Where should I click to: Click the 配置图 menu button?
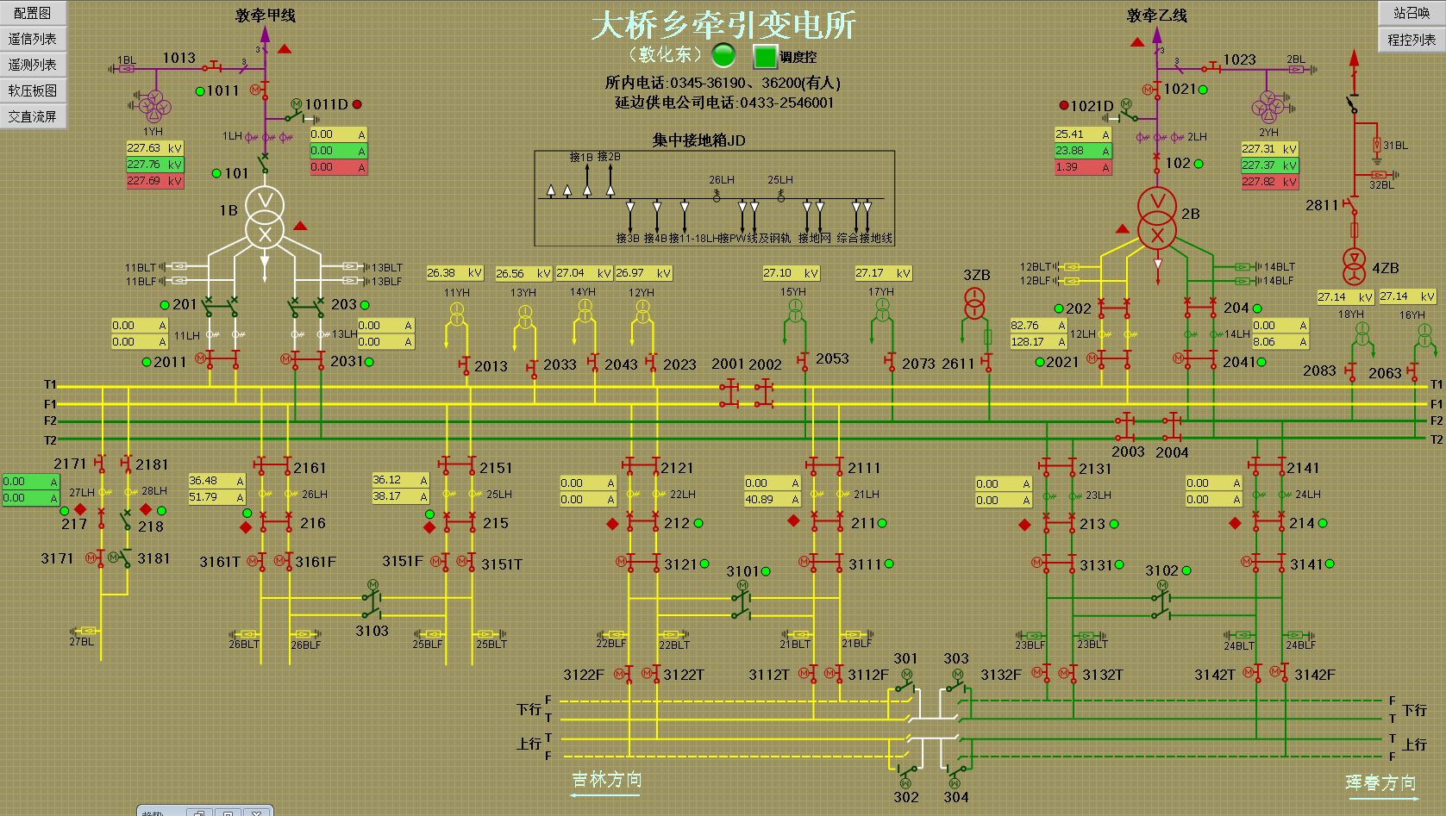pyautogui.click(x=33, y=13)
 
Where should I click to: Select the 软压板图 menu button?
pyautogui.click(x=33, y=90)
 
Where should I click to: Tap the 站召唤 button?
pyautogui.click(x=1412, y=13)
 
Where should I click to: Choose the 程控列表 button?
pyautogui.click(x=1412, y=40)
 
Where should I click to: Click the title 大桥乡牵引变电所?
pyautogui.click(x=723, y=25)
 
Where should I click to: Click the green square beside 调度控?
pyautogui.click(x=765, y=57)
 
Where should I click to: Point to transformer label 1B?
pyautogui.click(x=228, y=210)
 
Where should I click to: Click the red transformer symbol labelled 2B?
pyautogui.click(x=1157, y=220)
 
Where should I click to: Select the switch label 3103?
pyautogui.click(x=372, y=631)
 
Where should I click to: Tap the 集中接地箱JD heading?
pyautogui.click(x=698, y=140)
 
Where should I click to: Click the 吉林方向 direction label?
pyautogui.click(x=607, y=780)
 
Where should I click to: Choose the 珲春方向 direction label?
pyautogui.click(x=1381, y=782)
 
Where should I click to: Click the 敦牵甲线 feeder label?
pyautogui.click(x=266, y=16)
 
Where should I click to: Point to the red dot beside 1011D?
pyautogui.click(x=357, y=104)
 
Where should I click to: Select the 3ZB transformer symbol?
pyautogui.click(x=974, y=304)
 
